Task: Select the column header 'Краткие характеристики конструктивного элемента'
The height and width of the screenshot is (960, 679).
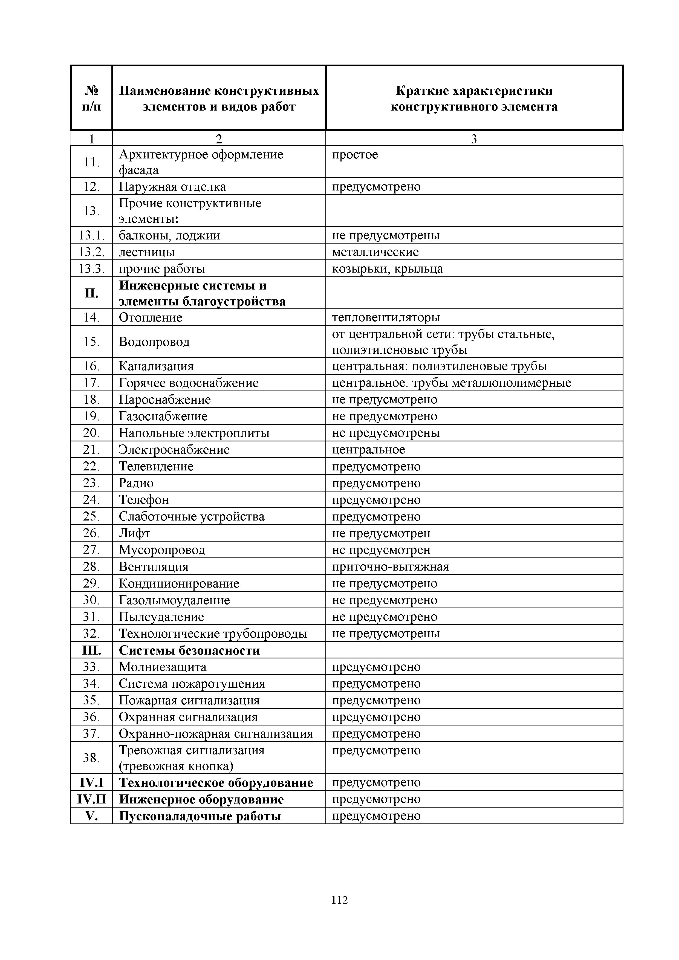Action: click(474, 99)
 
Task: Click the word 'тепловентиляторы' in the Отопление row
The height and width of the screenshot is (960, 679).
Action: click(386, 317)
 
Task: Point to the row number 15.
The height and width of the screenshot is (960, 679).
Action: click(91, 342)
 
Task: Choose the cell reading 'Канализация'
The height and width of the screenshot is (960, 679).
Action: click(156, 366)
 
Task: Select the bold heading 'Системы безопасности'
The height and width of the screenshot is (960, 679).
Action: click(189, 650)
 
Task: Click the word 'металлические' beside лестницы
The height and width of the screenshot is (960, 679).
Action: click(375, 252)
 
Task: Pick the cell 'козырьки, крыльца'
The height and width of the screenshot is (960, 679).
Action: click(387, 269)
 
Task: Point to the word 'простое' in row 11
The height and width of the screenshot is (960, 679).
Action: click(355, 155)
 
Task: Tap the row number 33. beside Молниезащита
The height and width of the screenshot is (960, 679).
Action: click(91, 667)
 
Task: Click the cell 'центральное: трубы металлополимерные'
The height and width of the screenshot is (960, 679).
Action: click(452, 383)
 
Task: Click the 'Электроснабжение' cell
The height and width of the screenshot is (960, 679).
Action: click(174, 450)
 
